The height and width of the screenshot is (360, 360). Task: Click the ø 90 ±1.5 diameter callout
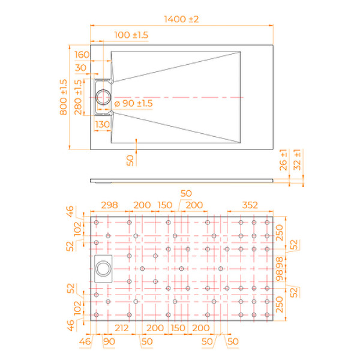(x=133, y=104)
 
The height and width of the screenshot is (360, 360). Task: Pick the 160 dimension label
(x=82, y=55)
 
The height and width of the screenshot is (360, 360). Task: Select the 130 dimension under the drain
(x=102, y=124)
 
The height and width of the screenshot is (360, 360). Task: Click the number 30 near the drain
(x=80, y=67)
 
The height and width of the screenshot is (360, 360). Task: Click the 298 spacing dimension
(x=110, y=205)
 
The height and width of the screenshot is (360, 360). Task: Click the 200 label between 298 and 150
(x=142, y=205)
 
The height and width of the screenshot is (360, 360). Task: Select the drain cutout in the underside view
(x=103, y=268)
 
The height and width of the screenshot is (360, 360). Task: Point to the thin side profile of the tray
(x=180, y=179)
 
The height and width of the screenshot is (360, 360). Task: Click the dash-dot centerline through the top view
(x=180, y=97)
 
